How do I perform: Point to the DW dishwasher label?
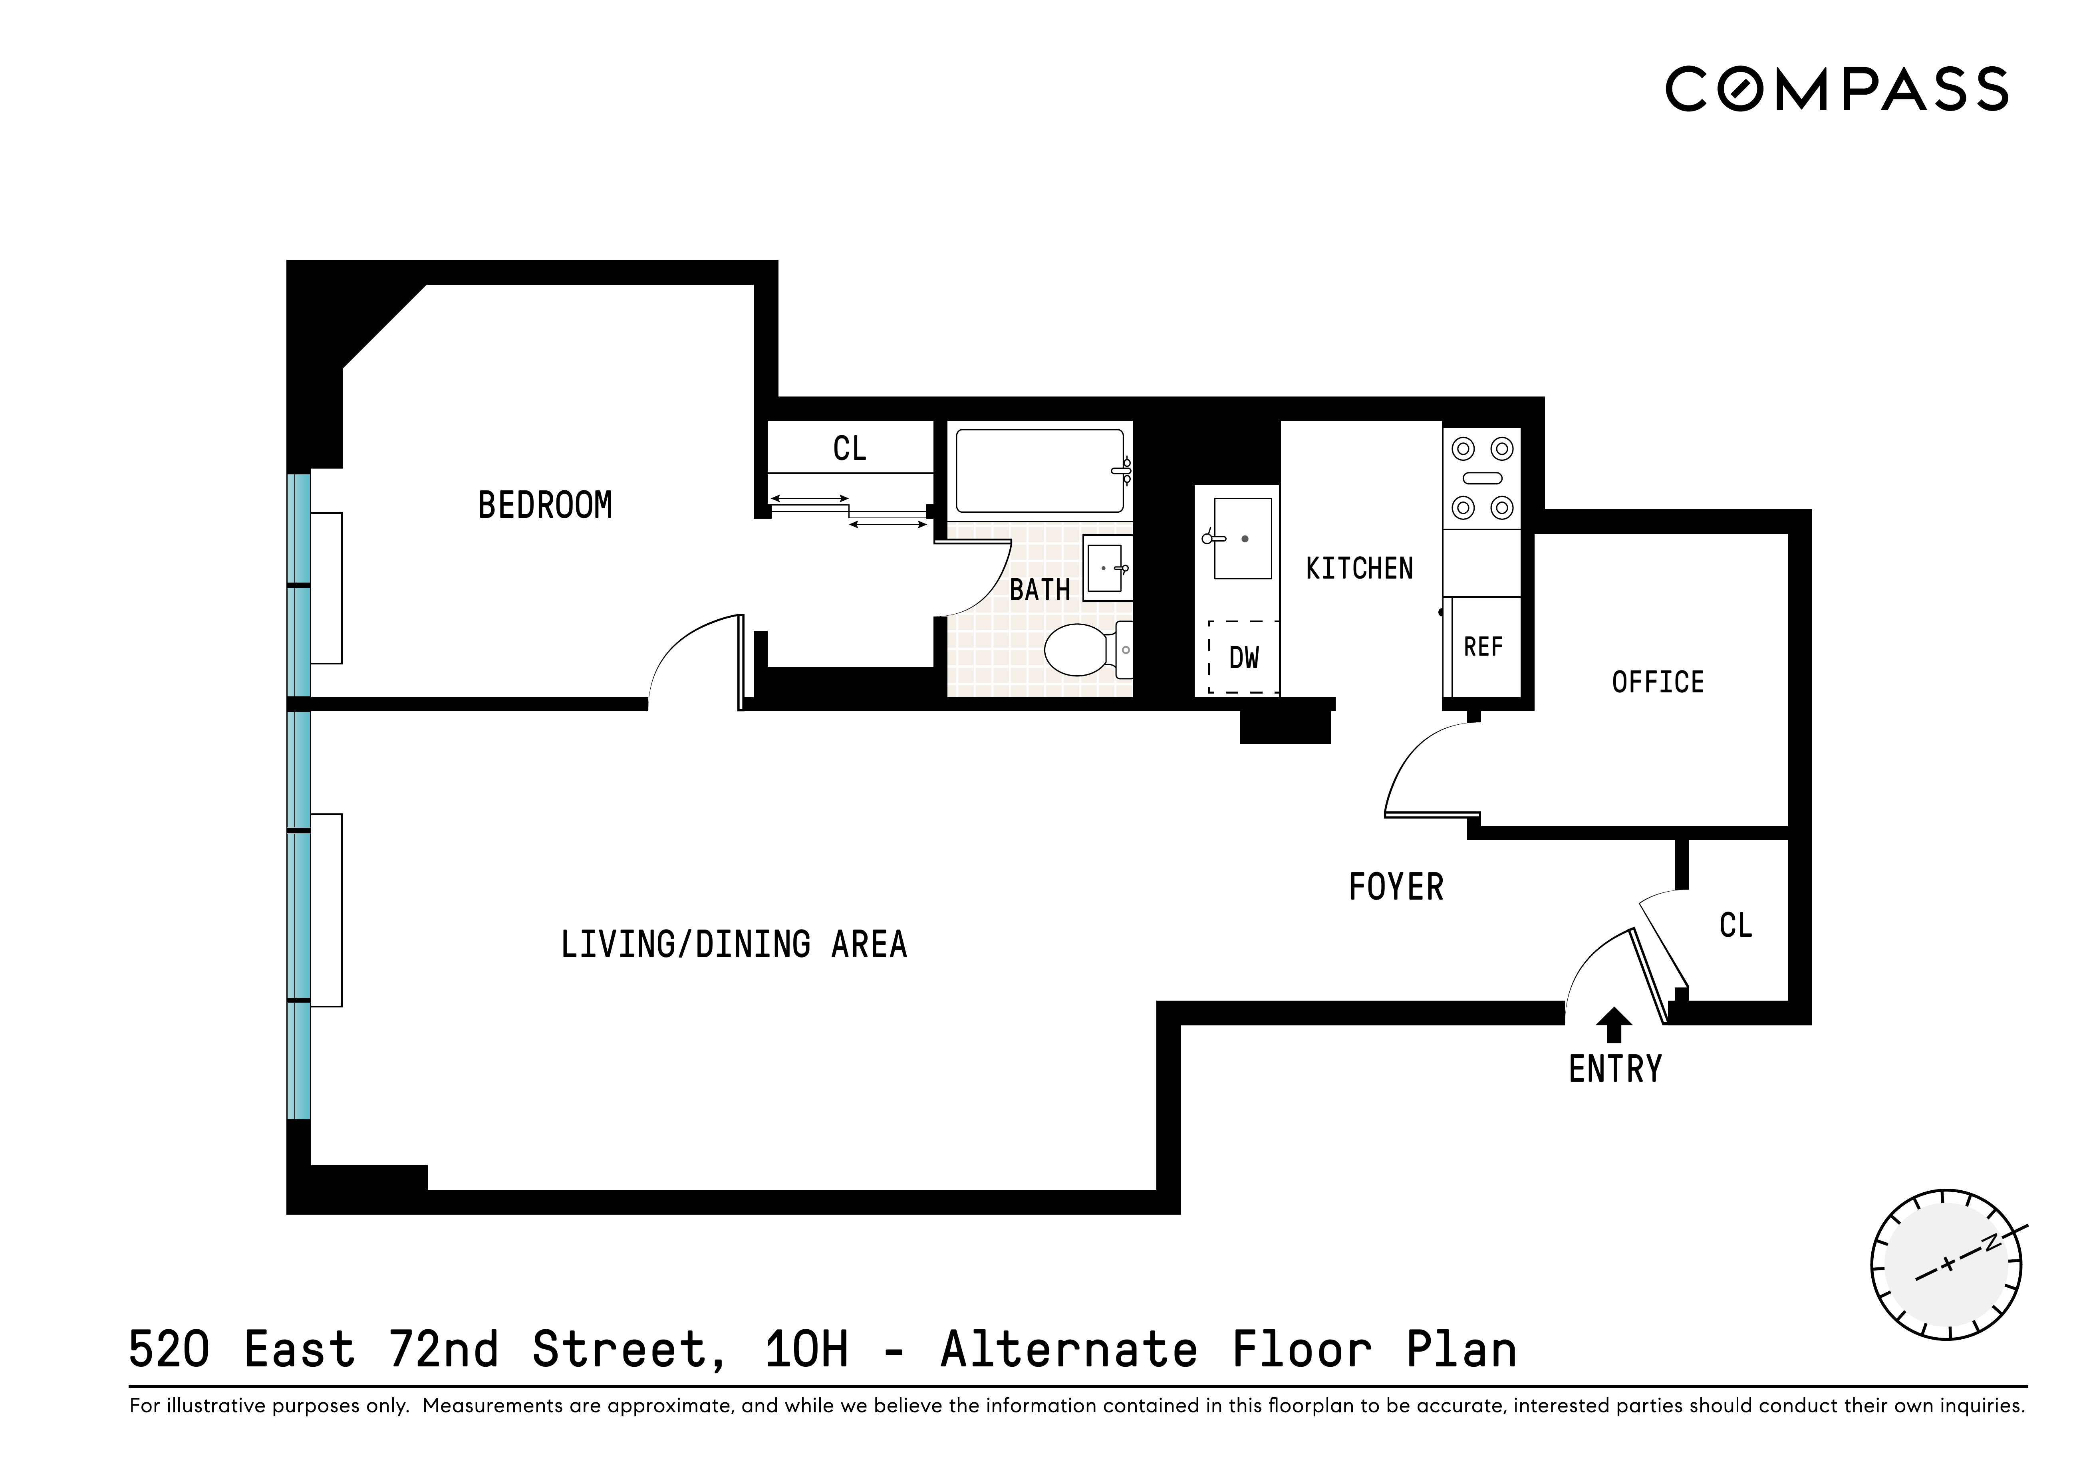point(1243,658)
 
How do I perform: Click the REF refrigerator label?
point(1483,647)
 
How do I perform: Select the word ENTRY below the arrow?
point(1615,1070)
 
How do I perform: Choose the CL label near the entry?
point(1735,925)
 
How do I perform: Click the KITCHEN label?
point(1359,569)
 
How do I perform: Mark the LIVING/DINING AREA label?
point(733,945)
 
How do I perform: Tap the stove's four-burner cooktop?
point(1481,478)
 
